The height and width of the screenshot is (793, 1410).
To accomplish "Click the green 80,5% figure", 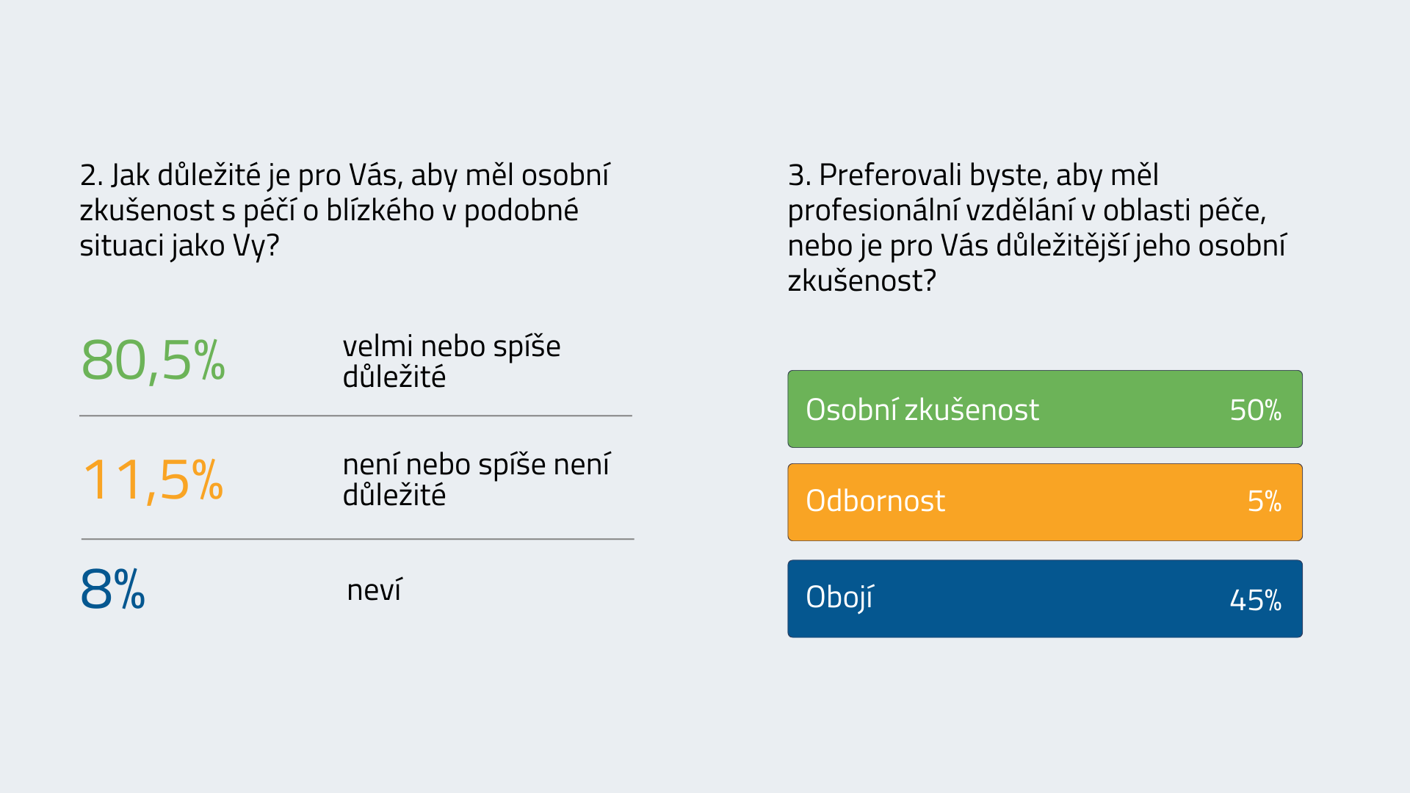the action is [x=153, y=361].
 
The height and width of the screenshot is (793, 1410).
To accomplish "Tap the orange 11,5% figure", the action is [x=153, y=479].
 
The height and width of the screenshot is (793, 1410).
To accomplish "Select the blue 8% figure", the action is [x=112, y=589].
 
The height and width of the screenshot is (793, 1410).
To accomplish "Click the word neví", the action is [x=375, y=590].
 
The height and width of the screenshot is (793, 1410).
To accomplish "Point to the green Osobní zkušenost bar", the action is [x=1045, y=409].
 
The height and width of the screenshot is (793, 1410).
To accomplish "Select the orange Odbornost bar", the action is [x=1045, y=502].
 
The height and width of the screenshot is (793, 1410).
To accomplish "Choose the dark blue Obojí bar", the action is [x=1045, y=599].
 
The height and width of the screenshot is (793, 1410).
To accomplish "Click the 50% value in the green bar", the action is [x=1256, y=410].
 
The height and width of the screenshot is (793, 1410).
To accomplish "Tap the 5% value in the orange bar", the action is [x=1265, y=501].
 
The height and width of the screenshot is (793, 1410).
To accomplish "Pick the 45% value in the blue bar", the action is [x=1256, y=600].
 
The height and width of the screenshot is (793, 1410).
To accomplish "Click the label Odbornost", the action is [x=875, y=501].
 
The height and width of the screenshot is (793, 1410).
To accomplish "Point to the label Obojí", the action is [x=839, y=598].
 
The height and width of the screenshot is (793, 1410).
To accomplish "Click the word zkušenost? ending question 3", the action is [x=862, y=281].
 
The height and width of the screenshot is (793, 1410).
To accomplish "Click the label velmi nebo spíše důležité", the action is [x=452, y=361].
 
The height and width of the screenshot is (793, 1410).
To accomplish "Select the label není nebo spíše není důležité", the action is [x=477, y=479].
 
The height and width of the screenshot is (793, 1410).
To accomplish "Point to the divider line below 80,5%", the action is [x=355, y=416].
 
